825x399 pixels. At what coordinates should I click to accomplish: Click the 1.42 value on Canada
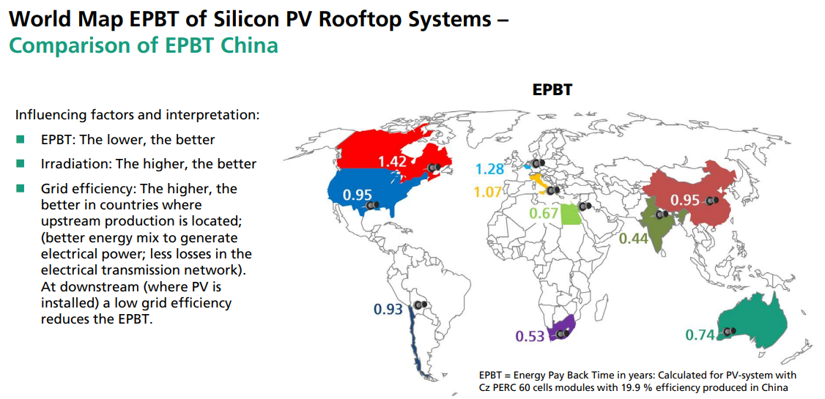(x=392, y=160)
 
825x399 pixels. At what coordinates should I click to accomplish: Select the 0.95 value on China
(x=685, y=200)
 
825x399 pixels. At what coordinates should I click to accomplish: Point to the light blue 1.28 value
(x=489, y=169)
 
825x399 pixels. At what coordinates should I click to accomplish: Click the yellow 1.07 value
(x=488, y=193)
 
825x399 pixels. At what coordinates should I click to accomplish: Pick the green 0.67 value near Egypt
(x=544, y=214)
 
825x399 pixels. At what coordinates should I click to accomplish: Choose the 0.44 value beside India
(x=633, y=238)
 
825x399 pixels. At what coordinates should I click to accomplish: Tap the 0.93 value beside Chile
(x=388, y=310)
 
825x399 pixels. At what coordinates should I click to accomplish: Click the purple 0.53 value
(x=530, y=336)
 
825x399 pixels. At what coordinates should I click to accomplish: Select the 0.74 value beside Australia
(x=700, y=335)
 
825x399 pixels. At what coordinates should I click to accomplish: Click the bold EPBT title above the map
(x=552, y=90)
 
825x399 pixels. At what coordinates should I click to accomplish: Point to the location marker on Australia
(x=728, y=332)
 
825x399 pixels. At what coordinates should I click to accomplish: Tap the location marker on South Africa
(x=562, y=334)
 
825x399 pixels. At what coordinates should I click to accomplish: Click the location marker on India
(x=662, y=215)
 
